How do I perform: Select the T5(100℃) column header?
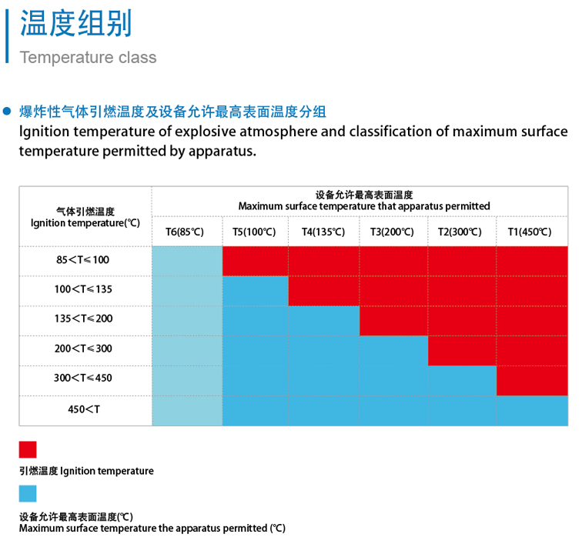254,232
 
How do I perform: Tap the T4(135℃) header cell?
323,232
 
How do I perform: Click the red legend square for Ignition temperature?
28,449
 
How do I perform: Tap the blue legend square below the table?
28,493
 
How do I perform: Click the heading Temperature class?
88,58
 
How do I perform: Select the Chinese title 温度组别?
75,24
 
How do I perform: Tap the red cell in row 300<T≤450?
532,380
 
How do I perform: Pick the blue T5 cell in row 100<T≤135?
255,291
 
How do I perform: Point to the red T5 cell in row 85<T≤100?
255,261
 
